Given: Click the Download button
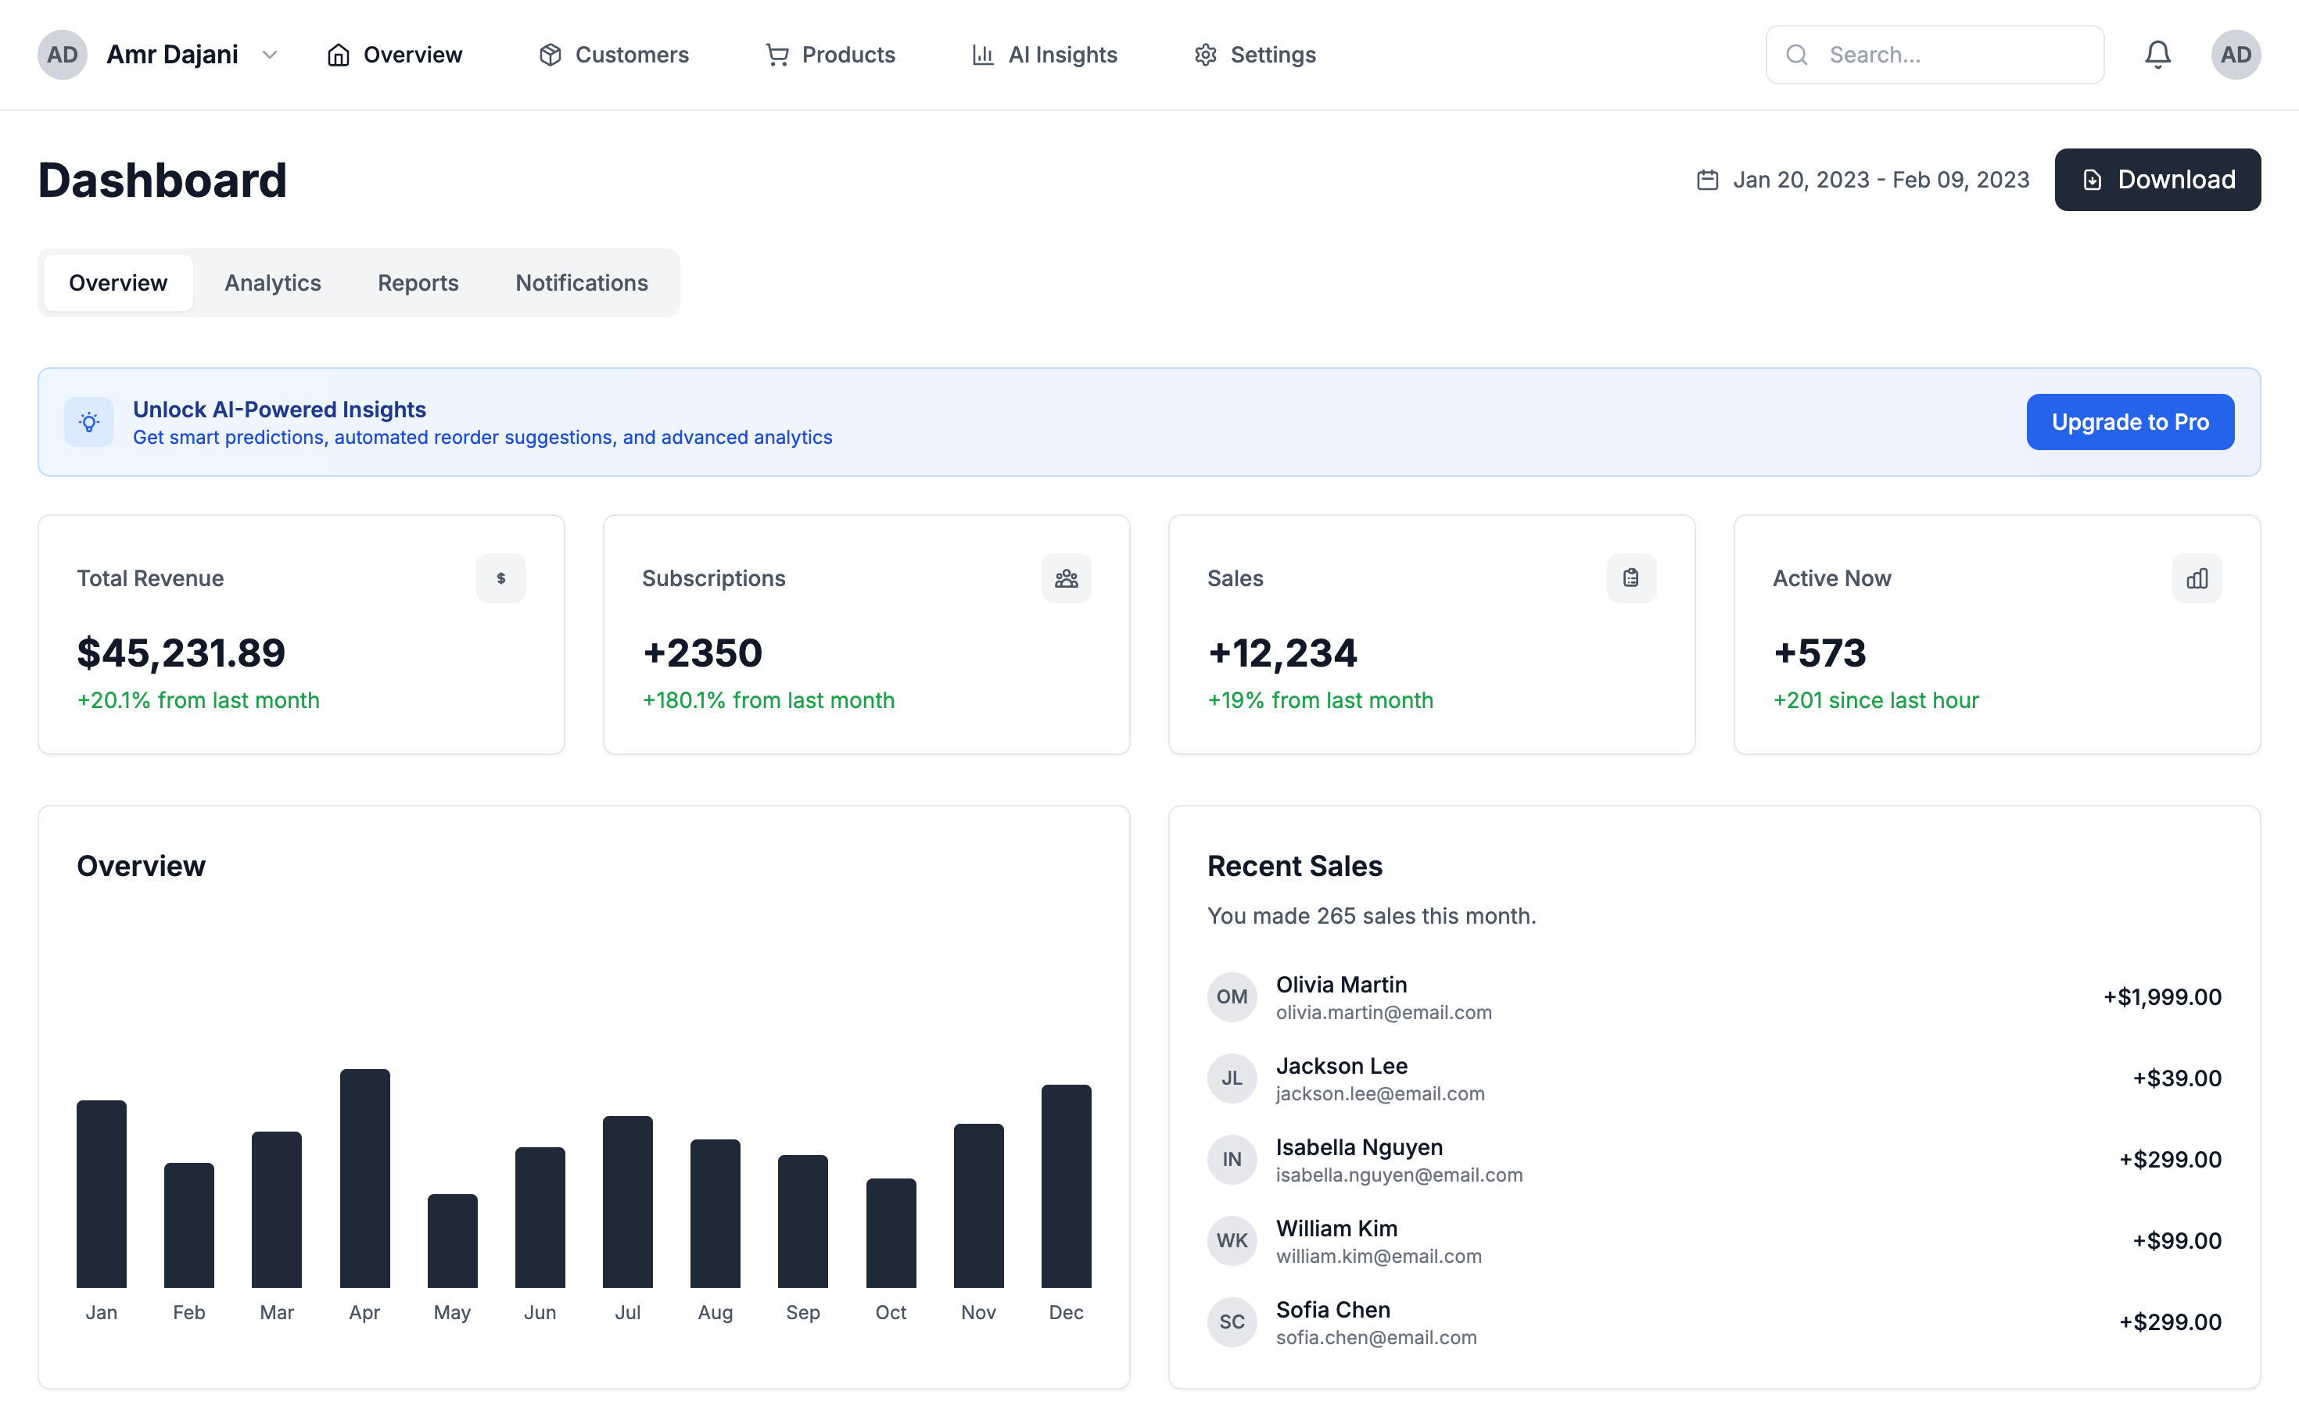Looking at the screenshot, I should pyautogui.click(x=2157, y=179).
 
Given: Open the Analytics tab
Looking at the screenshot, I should pyautogui.click(x=272, y=282).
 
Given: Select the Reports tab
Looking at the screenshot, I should pyautogui.click(x=418, y=282).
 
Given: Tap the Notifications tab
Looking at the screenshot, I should pyautogui.click(x=581, y=282).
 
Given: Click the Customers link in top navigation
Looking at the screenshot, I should pyautogui.click(x=614, y=55).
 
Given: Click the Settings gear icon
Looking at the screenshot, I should pyautogui.click(x=1205, y=55).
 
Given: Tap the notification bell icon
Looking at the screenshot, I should pyautogui.click(x=2157, y=55).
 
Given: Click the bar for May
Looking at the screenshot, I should pyautogui.click(x=452, y=1240).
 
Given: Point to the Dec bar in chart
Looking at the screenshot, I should pyautogui.click(x=1066, y=1186).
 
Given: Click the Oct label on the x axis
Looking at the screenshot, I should pyautogui.click(x=891, y=1312).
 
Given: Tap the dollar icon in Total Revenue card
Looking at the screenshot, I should pyautogui.click(x=500, y=578).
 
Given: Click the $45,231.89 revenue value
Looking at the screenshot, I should pyautogui.click(x=181, y=653).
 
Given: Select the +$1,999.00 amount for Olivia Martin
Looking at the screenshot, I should pyautogui.click(x=2162, y=996).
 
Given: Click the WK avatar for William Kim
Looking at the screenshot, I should pyautogui.click(x=1231, y=1240).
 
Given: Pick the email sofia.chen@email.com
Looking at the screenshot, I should pyautogui.click(x=1375, y=1337).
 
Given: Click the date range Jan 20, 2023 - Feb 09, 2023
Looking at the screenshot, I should pyautogui.click(x=1880, y=179).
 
